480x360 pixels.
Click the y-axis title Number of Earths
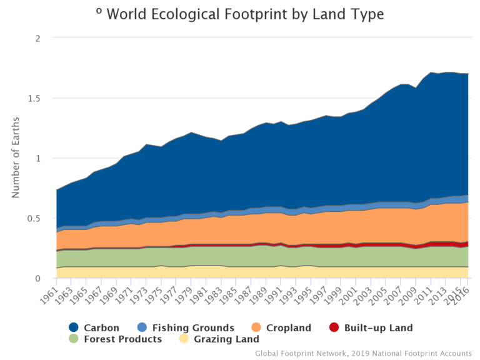[x=16, y=157]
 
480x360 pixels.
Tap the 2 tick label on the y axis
[x=38, y=38]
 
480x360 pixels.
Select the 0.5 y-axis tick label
[x=37, y=218]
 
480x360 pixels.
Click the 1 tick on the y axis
[x=38, y=158]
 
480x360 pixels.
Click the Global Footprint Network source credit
[x=363, y=353]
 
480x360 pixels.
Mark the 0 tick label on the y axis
[x=38, y=278]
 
